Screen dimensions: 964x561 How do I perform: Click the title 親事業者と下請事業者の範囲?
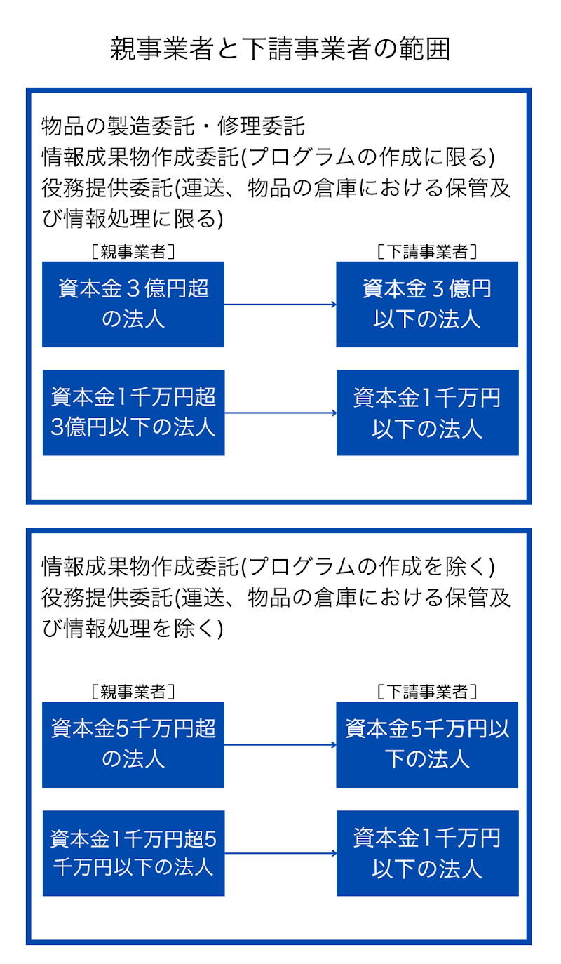pyautogui.click(x=280, y=50)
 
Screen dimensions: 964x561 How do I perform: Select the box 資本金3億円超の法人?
pyautogui.click(x=133, y=304)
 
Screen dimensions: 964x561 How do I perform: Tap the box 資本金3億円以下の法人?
pyautogui.click(x=427, y=304)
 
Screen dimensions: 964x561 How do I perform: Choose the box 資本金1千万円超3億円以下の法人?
pyautogui.click(x=133, y=413)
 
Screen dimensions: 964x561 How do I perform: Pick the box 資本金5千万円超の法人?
pyautogui.click(x=133, y=744)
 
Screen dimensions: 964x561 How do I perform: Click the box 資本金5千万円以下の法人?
pyautogui.click(x=427, y=744)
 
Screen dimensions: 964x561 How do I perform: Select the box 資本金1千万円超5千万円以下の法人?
pyautogui.click(x=133, y=853)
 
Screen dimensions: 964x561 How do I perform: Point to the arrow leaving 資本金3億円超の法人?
pyautogui.click(x=280, y=304)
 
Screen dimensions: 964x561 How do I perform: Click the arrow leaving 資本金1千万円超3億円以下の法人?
pyautogui.click(x=280, y=413)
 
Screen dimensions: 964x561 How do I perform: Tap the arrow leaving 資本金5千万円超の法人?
pyautogui.click(x=280, y=744)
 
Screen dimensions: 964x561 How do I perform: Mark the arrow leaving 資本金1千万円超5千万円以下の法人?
pyautogui.click(x=280, y=853)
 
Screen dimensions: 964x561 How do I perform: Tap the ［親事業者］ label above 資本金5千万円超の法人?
pyautogui.click(x=133, y=692)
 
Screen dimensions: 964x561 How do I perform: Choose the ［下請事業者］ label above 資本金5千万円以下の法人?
pyautogui.click(x=427, y=692)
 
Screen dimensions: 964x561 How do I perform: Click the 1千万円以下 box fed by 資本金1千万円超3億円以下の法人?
pyautogui.click(x=427, y=413)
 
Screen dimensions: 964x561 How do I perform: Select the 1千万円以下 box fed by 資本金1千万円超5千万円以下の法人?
pyautogui.click(x=427, y=853)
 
